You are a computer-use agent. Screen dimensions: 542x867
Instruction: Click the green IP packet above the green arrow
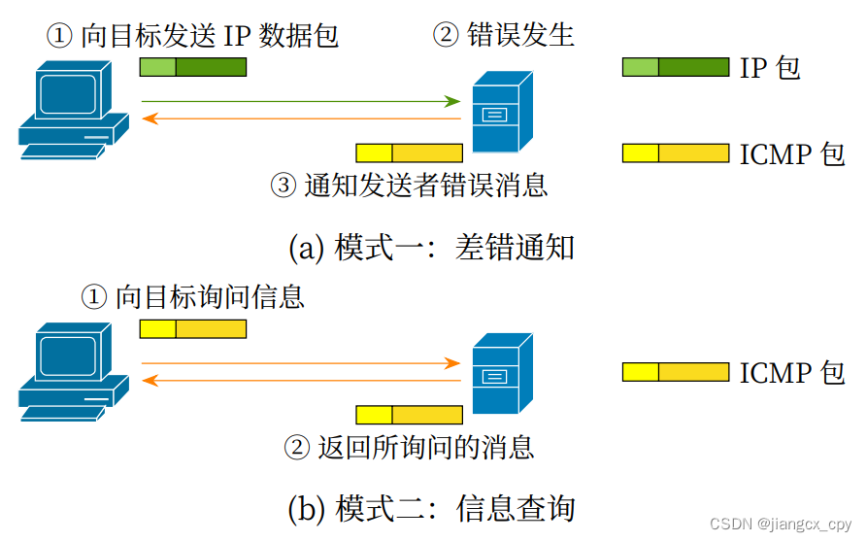pos(192,67)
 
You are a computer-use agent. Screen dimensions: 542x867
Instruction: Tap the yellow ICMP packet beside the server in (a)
pos(409,152)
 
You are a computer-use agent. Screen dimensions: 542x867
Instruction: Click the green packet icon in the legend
pos(675,67)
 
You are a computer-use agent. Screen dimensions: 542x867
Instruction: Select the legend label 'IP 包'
pos(770,68)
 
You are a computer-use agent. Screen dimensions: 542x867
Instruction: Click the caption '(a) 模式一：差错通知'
pos(432,248)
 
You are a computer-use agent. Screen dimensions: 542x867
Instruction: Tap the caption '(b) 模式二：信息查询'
pos(432,509)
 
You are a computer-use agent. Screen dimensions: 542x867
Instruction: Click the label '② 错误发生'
pos(503,36)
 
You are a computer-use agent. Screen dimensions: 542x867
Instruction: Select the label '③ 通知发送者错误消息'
pos(409,185)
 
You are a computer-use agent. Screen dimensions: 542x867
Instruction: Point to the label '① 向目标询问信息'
pos(192,296)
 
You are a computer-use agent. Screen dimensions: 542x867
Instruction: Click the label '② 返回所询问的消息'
pos(409,447)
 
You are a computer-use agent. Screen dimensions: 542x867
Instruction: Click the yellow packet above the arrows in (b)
pos(192,329)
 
